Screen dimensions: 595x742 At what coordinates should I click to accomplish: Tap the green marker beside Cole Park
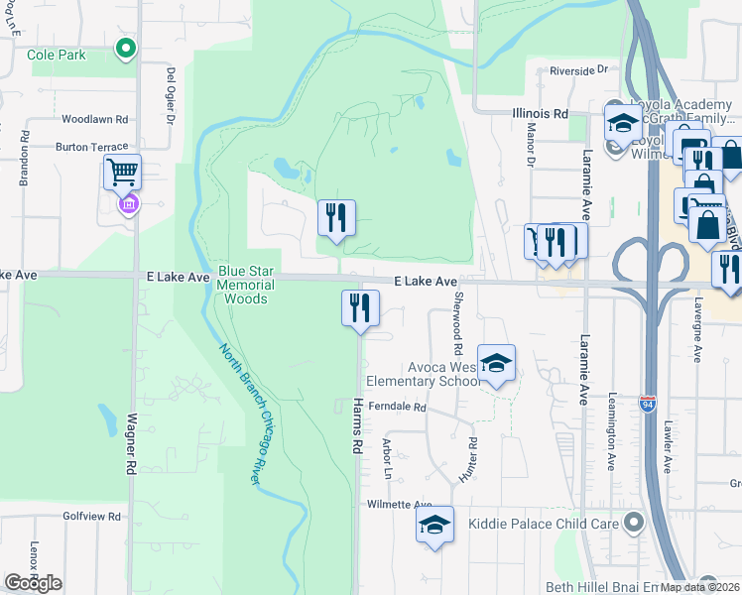(125, 48)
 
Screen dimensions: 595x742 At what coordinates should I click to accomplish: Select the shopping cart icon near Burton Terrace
(122, 173)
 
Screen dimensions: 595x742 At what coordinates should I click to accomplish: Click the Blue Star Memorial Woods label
(244, 285)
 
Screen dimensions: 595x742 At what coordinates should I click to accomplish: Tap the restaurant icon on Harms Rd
(361, 307)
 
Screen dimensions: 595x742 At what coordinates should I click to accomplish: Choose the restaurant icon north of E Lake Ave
(335, 217)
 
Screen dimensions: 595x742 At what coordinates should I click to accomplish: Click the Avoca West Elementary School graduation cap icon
(496, 363)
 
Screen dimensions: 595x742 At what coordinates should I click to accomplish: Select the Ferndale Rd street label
(396, 408)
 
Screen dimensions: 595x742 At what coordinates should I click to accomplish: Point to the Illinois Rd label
(540, 114)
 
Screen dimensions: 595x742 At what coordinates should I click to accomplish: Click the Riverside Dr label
(578, 70)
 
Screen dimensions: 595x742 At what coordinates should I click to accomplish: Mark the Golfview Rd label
(91, 517)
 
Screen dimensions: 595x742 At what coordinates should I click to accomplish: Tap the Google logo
(33, 583)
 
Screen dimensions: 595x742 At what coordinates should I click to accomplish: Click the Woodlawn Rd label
(95, 119)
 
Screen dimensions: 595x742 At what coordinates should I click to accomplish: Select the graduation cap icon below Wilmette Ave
(434, 525)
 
